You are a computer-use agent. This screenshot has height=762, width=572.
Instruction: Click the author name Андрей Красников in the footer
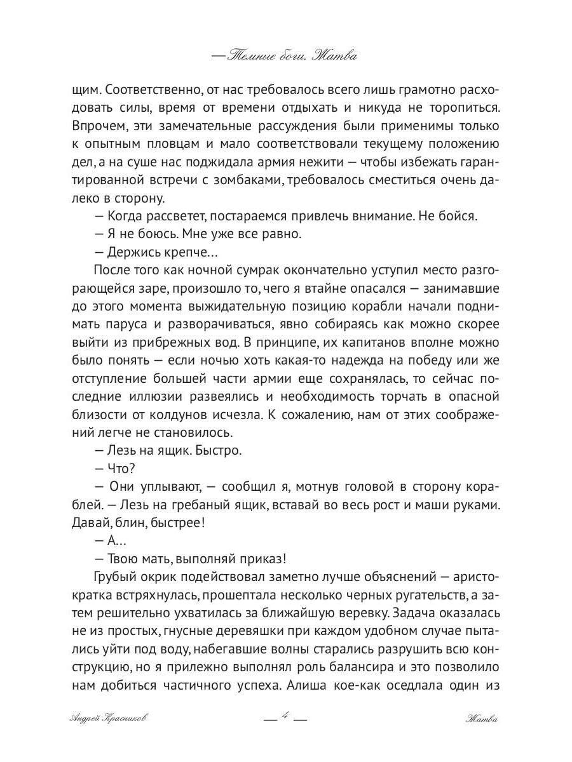[111, 719]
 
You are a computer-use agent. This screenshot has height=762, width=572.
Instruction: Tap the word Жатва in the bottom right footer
[480, 719]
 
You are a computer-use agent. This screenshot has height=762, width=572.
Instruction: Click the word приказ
[263, 559]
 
